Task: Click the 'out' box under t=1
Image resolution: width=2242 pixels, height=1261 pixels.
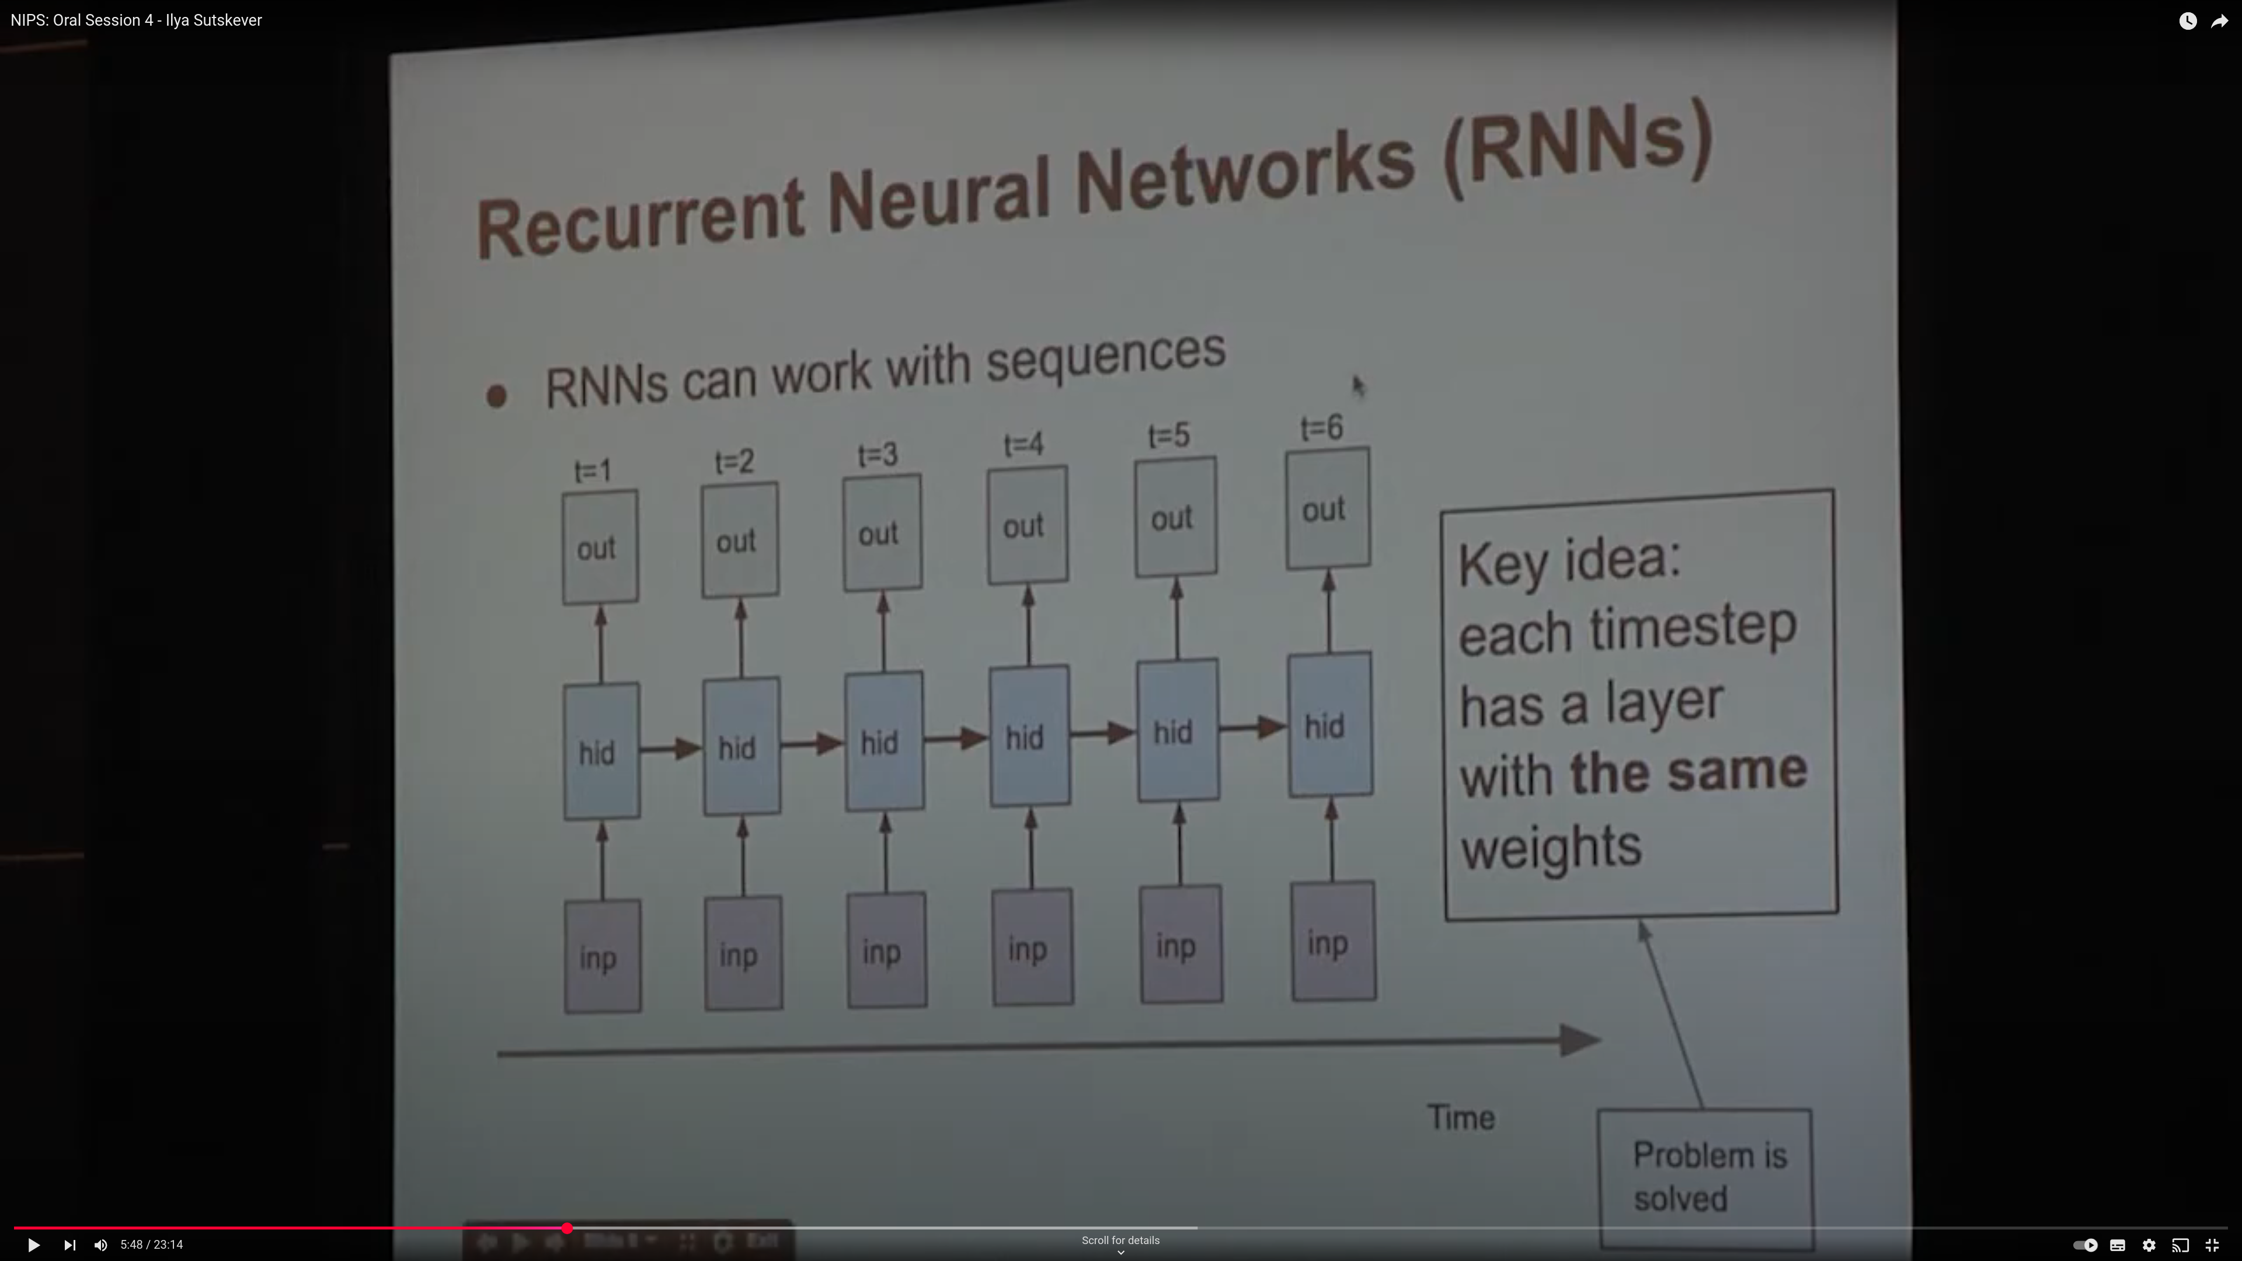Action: [x=600, y=548]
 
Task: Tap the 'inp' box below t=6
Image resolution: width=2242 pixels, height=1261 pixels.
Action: [x=1332, y=942]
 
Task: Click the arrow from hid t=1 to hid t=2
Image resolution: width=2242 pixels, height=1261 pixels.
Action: [x=671, y=748]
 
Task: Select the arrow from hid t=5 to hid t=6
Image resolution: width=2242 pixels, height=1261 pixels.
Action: [x=1254, y=727]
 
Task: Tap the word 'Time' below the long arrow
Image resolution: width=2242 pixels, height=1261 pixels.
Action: [x=1461, y=1117]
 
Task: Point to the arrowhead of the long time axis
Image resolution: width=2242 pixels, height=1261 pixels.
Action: [x=1580, y=1040]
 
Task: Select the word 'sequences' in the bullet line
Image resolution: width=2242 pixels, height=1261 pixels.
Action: [x=1105, y=357]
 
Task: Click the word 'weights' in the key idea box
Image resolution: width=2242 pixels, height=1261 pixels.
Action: [x=1551, y=847]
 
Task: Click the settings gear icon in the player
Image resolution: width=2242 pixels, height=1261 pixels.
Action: [x=2149, y=1245]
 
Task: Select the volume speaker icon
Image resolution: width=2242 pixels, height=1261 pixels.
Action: [x=101, y=1245]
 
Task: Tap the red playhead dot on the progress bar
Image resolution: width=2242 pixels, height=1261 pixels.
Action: [x=566, y=1228]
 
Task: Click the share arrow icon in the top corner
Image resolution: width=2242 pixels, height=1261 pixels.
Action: [x=2219, y=21]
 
